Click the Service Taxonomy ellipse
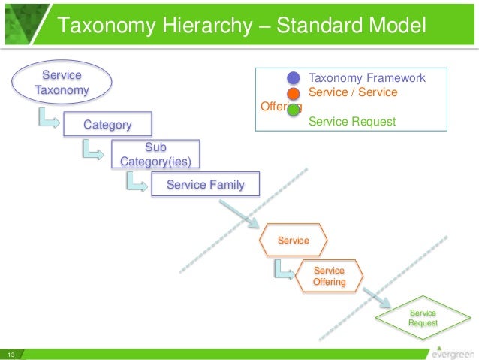[62, 83]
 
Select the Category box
[107, 124]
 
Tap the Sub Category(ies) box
[155, 153]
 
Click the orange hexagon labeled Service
[294, 240]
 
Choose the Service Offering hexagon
[329, 277]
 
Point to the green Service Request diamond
[423, 317]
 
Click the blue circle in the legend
[294, 78]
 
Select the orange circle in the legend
[294, 93]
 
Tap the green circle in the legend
[294, 109]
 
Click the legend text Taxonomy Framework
[367, 78]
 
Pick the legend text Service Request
[351, 122]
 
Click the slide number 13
[11, 355]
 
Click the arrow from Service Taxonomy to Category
[48, 118]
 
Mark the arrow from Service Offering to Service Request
[376, 295]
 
